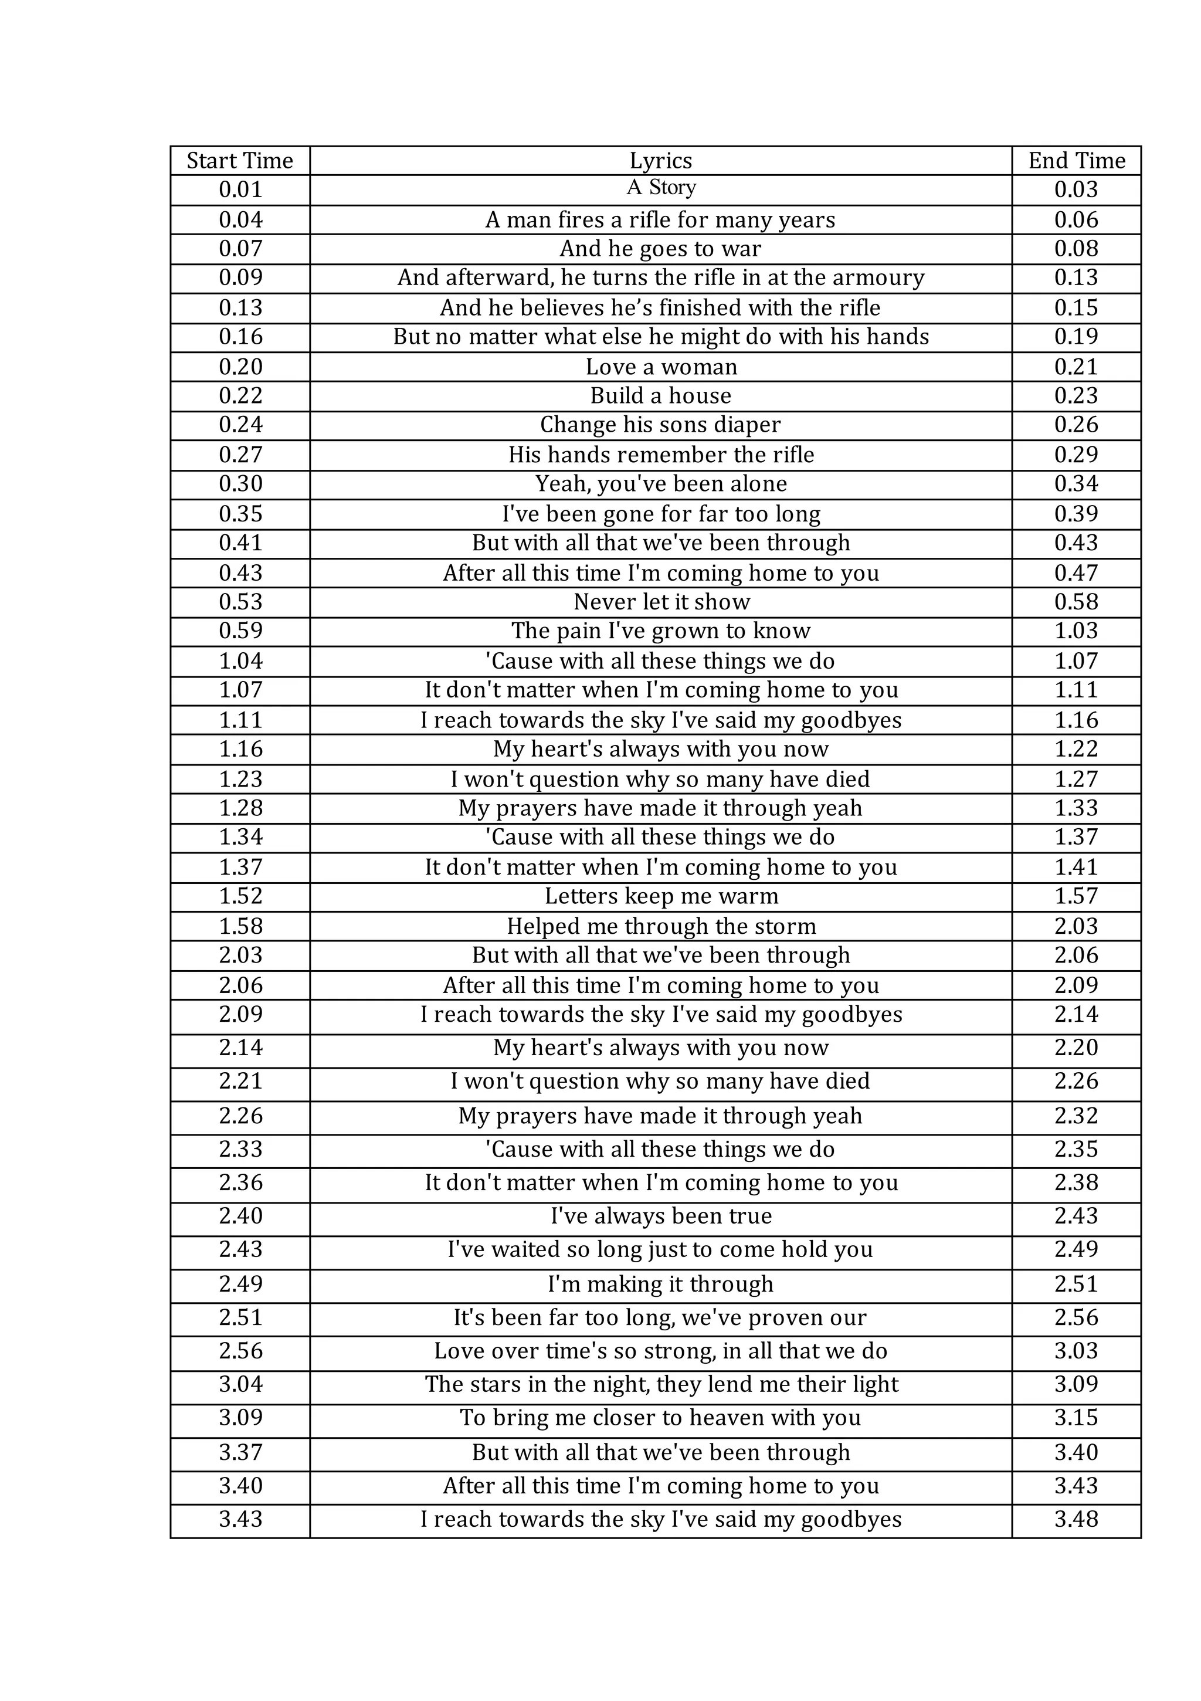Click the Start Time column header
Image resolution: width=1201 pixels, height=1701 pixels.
[239, 161]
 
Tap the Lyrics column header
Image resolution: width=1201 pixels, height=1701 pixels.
[660, 161]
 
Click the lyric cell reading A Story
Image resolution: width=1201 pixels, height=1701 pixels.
[661, 188]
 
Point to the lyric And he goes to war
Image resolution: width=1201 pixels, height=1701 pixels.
[660, 248]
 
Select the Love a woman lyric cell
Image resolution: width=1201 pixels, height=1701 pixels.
[661, 367]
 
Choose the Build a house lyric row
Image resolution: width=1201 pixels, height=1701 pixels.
[660, 395]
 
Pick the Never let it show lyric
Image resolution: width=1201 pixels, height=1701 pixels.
[661, 602]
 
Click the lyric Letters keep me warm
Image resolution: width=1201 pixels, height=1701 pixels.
[661, 896]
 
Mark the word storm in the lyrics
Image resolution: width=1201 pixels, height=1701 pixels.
[785, 926]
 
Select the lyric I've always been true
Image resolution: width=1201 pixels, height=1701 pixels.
[661, 1216]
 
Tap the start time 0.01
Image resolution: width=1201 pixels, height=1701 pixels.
[240, 189]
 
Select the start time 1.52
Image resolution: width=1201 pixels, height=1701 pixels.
[240, 896]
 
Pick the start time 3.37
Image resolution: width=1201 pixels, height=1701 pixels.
[240, 1452]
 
